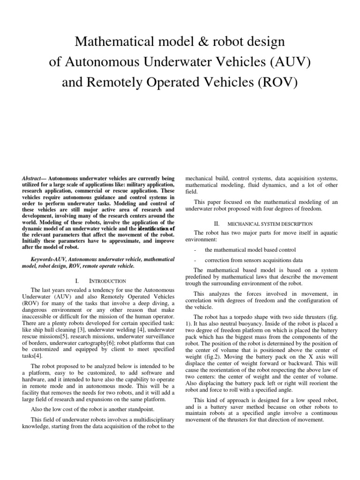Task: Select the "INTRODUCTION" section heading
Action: tap(108, 281)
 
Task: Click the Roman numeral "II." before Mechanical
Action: tap(217, 224)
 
